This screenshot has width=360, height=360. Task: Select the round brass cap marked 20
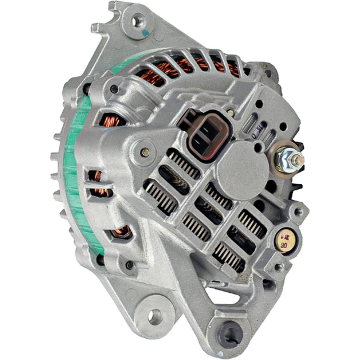click(x=285, y=240)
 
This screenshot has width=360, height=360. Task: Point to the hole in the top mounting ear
click(x=138, y=21)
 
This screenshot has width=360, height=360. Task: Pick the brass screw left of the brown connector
click(x=145, y=152)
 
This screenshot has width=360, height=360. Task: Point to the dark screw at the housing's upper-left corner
click(x=115, y=89)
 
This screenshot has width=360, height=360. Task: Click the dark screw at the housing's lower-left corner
click(x=130, y=266)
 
